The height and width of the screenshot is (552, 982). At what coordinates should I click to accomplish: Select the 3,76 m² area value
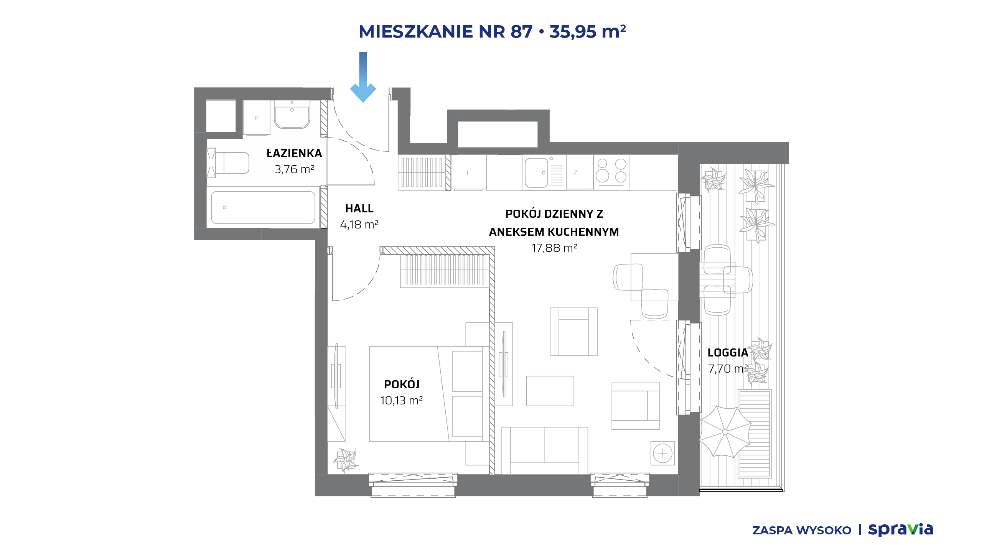pos(295,169)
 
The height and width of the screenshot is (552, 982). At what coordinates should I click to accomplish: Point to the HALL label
pos(359,209)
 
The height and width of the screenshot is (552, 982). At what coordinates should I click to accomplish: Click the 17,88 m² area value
pos(554,248)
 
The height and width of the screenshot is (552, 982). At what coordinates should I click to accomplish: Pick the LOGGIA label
pos(728,353)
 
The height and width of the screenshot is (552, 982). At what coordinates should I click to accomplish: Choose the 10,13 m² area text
pos(402,401)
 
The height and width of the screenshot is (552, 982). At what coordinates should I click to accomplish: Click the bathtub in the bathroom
pos(263,207)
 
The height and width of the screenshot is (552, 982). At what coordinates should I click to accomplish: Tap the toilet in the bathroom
pos(228,163)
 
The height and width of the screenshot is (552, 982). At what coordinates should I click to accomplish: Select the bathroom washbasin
pos(292,114)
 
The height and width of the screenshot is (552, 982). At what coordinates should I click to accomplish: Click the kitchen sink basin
pos(536,173)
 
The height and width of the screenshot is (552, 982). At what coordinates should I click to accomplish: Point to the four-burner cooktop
pos(611,172)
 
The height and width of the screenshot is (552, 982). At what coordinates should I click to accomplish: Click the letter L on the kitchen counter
pos(468,173)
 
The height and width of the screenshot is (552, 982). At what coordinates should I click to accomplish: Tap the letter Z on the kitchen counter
pos(575,173)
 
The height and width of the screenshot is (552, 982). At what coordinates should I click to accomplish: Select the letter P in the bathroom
pos(256,118)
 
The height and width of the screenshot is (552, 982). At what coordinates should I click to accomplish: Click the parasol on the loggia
pos(725,432)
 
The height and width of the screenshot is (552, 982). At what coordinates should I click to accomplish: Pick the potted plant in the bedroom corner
pos(346,460)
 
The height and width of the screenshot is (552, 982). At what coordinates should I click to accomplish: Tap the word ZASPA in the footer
pos(772,531)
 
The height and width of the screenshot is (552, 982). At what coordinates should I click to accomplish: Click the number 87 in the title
pos(521,31)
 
